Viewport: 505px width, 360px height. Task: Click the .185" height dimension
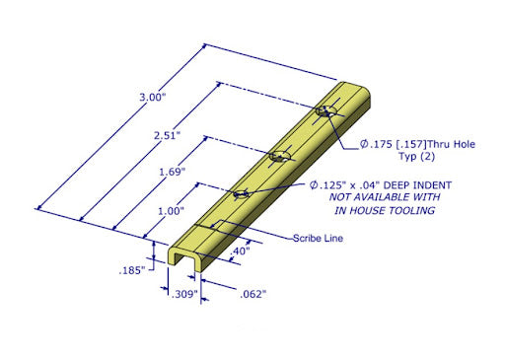coord(132,268)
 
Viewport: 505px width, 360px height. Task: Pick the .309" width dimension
coord(184,294)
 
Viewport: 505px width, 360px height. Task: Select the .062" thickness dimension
coord(252,294)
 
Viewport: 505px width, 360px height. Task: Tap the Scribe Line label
coord(317,238)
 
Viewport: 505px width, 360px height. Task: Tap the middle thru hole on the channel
coord(279,156)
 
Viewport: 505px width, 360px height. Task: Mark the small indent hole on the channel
coord(241,193)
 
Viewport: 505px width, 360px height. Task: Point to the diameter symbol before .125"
coord(314,184)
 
